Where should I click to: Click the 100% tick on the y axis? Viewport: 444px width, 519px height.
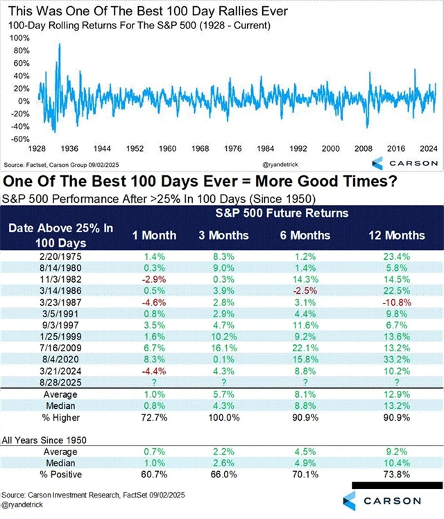(x=19, y=37)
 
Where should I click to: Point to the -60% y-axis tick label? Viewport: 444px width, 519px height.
(x=19, y=139)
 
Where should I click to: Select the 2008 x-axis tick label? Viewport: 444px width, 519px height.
(x=363, y=149)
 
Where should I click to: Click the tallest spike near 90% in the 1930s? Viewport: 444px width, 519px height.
(x=59, y=44)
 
